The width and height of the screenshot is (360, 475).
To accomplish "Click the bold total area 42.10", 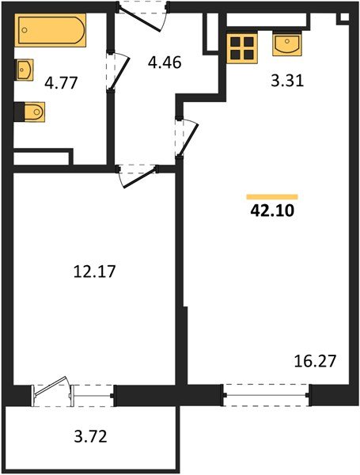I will [x=272, y=211].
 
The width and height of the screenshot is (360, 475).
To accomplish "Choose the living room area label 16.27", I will [x=316, y=362].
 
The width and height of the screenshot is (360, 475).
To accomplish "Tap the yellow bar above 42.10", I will [x=272, y=196].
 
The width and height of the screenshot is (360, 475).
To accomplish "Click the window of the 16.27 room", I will [x=266, y=392].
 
